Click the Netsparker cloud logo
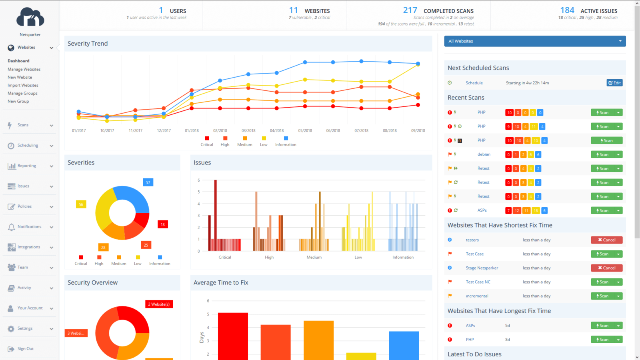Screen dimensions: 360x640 [30, 18]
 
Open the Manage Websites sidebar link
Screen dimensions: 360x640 [24, 69]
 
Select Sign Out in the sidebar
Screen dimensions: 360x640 [25, 349]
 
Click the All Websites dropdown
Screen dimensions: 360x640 [535, 41]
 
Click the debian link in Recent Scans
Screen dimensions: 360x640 [484, 154]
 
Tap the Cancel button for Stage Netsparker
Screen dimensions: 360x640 [606, 268]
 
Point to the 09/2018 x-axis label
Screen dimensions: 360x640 [418, 131]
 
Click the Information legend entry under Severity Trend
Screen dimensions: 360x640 [286, 144]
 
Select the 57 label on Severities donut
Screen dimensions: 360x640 [148, 182]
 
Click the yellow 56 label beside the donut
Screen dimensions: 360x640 [81, 204]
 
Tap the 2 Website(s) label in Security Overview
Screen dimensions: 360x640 [159, 304]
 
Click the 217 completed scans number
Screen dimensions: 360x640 [410, 10]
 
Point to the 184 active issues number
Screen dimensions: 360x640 [567, 10]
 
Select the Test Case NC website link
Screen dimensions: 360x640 [478, 282]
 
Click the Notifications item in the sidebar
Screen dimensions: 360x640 [29, 227]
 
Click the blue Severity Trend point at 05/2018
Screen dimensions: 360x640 [305, 62]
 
